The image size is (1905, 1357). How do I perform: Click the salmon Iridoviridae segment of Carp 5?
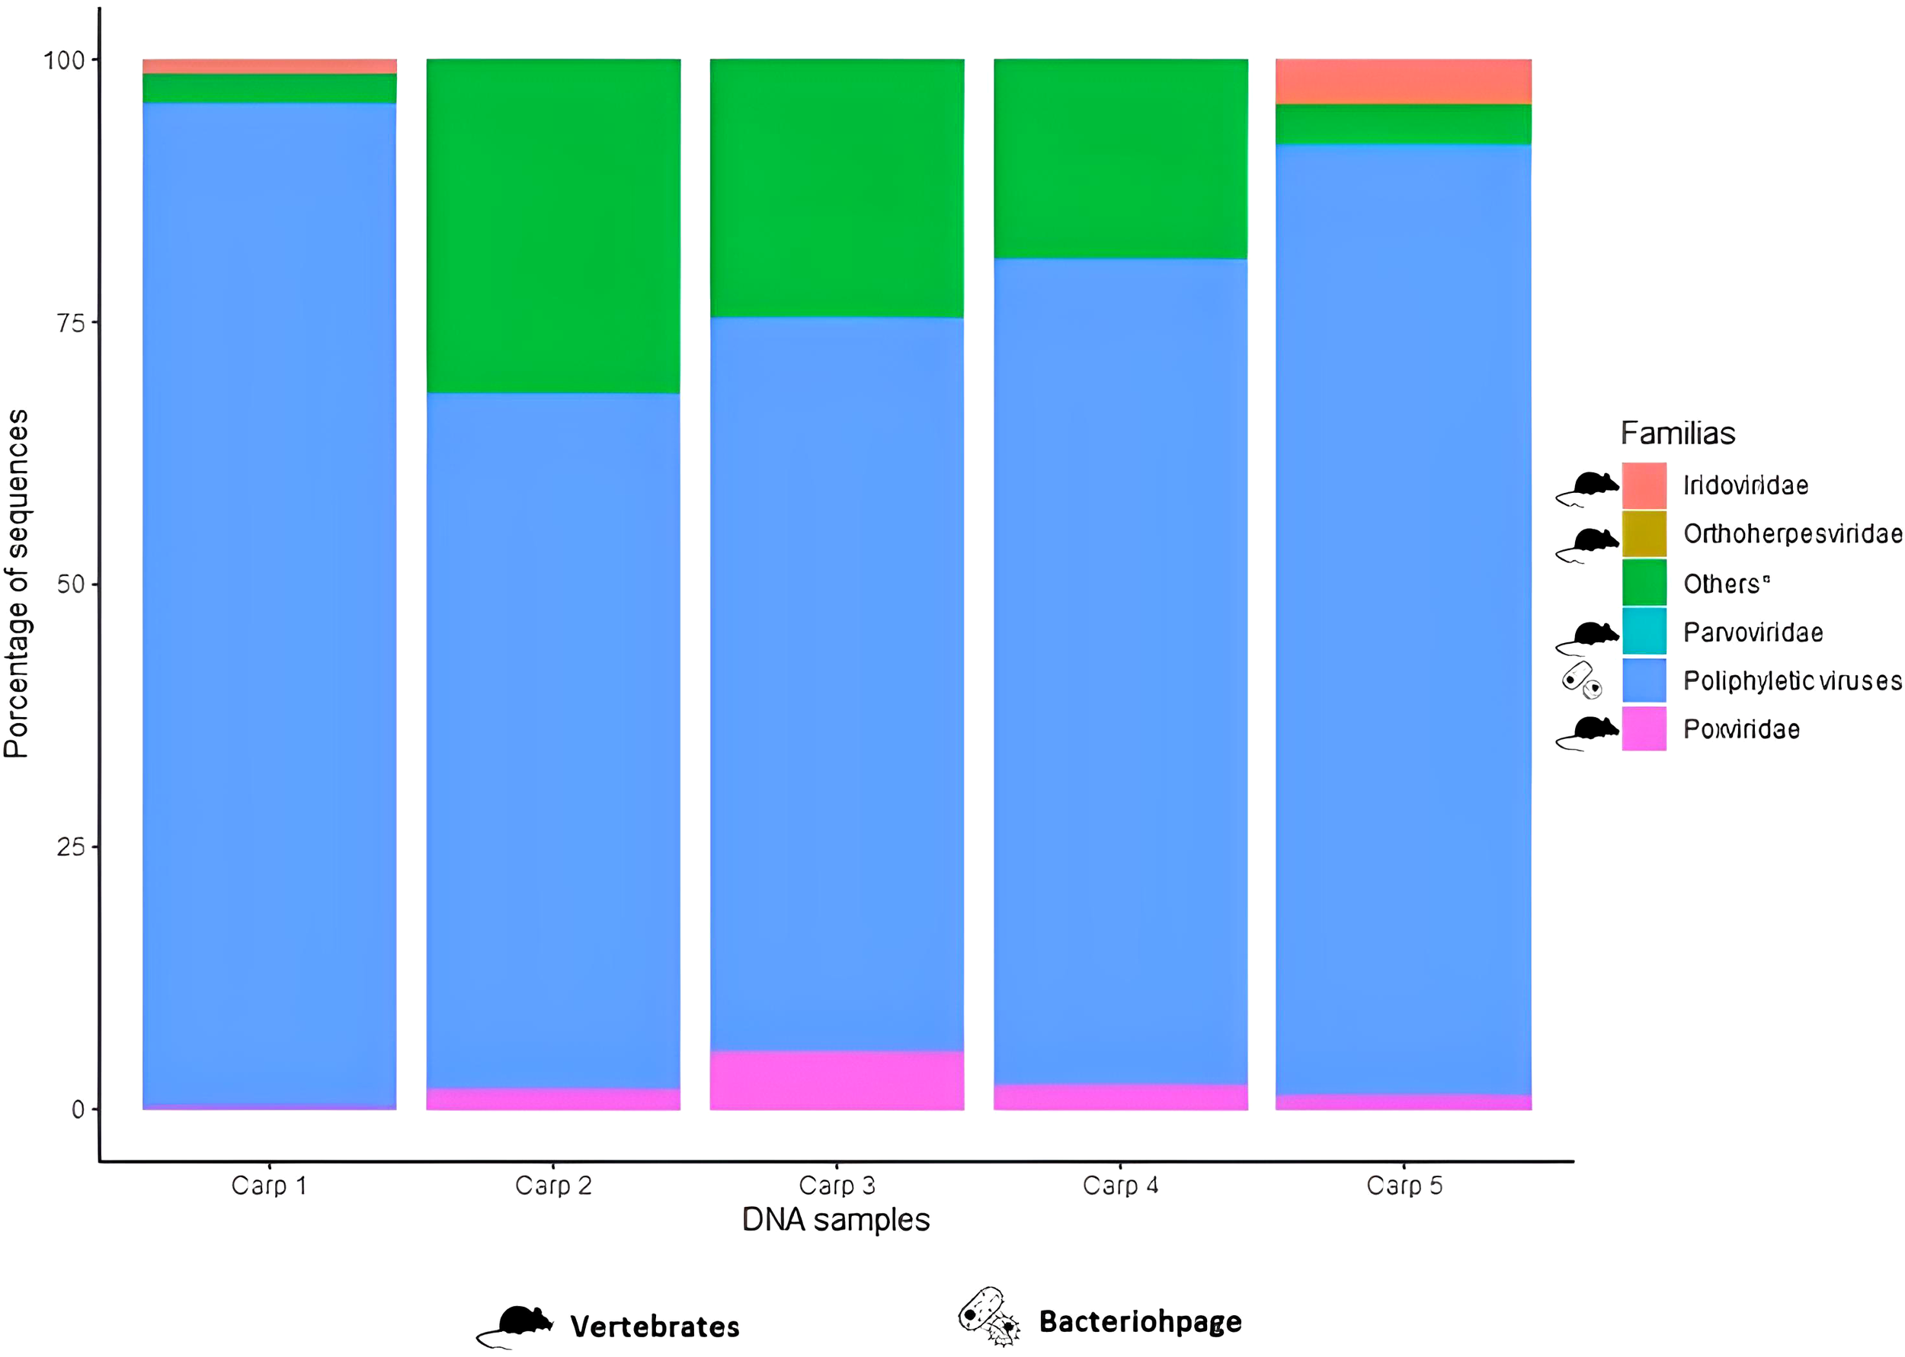pyautogui.click(x=1403, y=81)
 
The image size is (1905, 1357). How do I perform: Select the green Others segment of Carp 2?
pyautogui.click(x=553, y=226)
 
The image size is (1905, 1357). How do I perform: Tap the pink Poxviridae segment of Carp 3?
pyautogui.click(x=837, y=1080)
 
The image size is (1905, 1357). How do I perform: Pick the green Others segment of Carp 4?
pyautogui.click(x=1119, y=158)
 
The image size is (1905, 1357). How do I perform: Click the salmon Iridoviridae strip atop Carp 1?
pyautogui.click(x=269, y=66)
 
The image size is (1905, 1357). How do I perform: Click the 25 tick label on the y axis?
pyautogui.click(x=71, y=847)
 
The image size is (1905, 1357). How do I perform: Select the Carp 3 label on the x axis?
pyautogui.click(x=837, y=1185)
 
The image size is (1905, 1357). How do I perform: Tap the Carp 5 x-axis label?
pyautogui.click(x=1404, y=1185)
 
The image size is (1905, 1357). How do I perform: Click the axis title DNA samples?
pyautogui.click(x=835, y=1220)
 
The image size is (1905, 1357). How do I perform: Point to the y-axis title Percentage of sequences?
pyautogui.click(x=17, y=583)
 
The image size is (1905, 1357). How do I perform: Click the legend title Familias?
pyautogui.click(x=1677, y=433)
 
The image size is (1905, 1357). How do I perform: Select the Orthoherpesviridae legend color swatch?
pyautogui.click(x=1644, y=533)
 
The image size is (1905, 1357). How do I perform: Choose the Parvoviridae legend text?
pyautogui.click(x=1752, y=632)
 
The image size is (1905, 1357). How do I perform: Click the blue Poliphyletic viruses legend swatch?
pyautogui.click(x=1644, y=680)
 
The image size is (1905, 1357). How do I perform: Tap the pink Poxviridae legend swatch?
pyautogui.click(x=1644, y=728)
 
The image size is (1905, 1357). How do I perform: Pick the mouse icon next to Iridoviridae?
pyautogui.click(x=1587, y=488)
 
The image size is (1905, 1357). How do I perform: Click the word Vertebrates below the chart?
pyautogui.click(x=655, y=1326)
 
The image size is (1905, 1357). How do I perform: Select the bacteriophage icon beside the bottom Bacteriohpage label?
pyautogui.click(x=988, y=1316)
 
